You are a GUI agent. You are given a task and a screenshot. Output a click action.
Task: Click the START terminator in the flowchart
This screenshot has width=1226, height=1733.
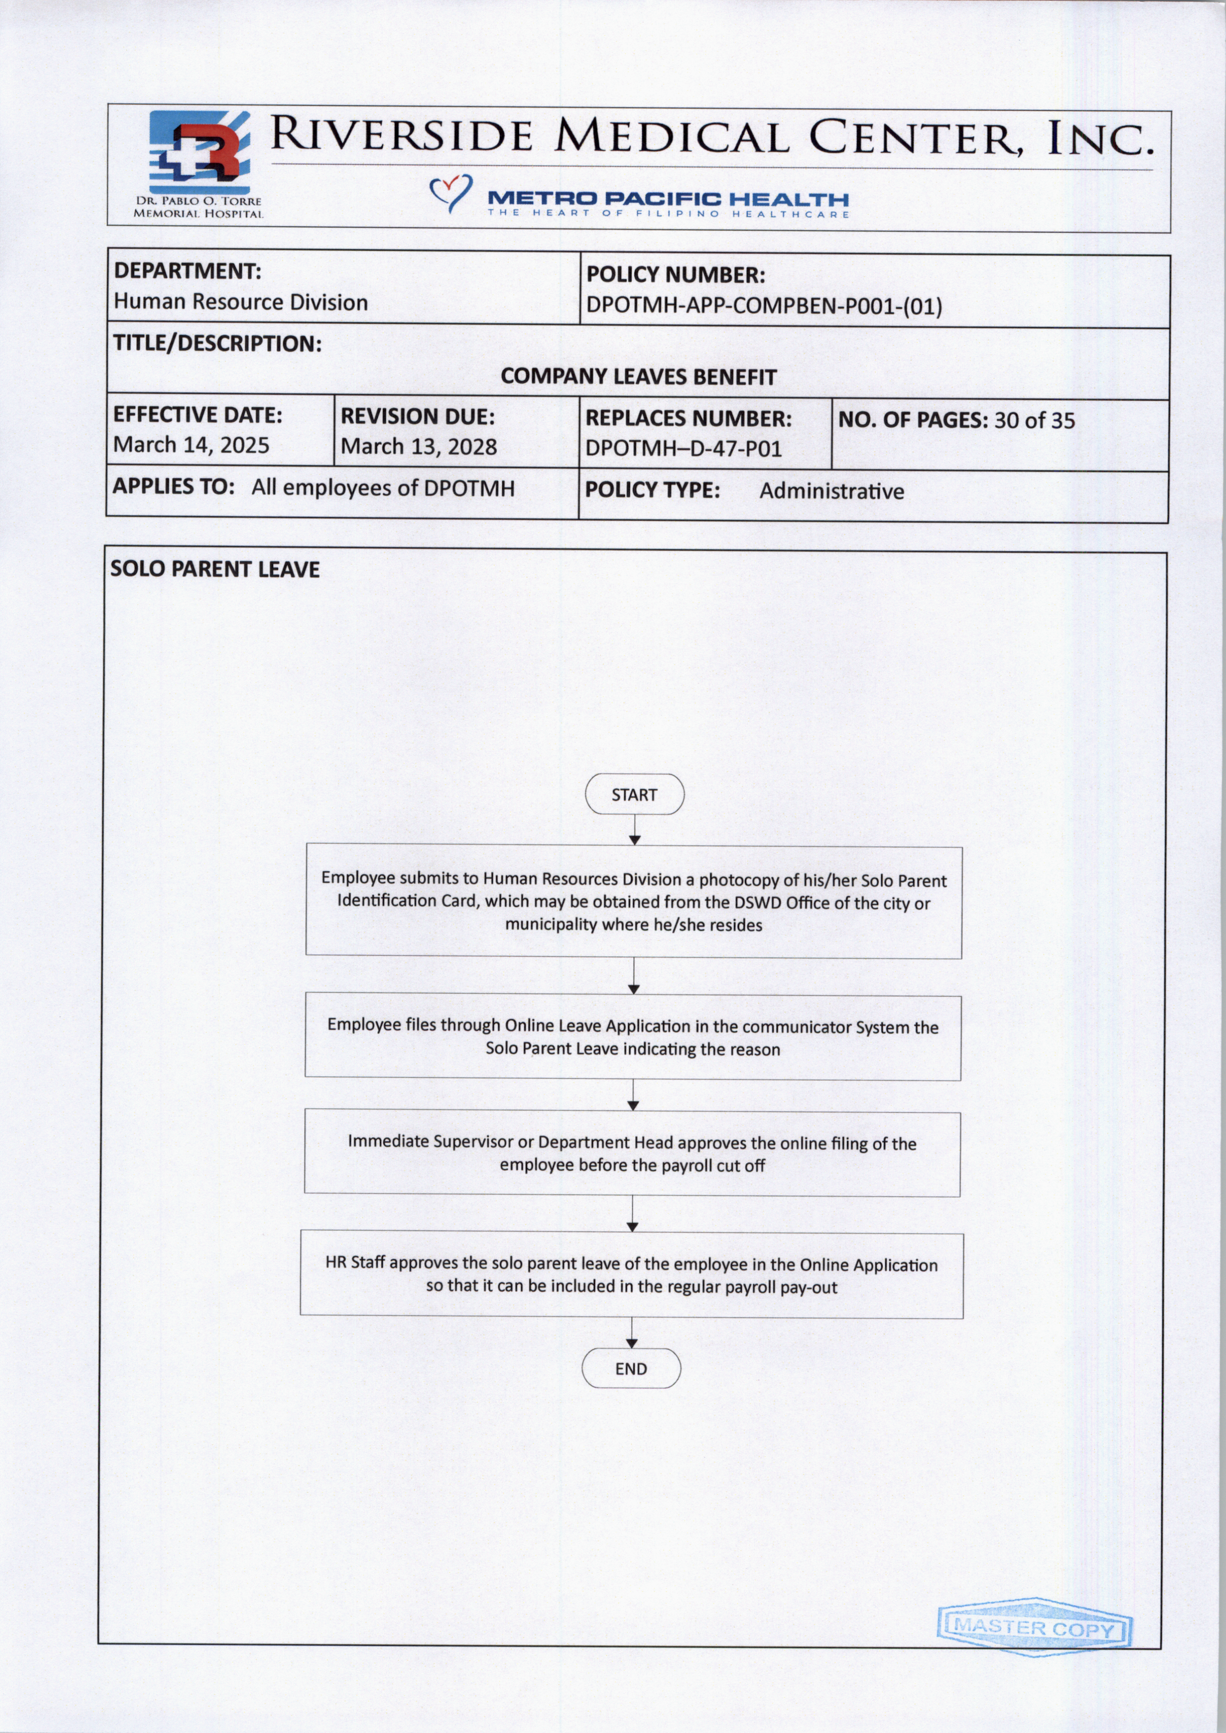634,794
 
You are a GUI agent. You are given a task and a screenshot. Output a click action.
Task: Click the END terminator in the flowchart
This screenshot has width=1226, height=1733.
631,1368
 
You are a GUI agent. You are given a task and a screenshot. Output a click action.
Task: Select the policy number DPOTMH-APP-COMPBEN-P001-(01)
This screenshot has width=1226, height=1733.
763,306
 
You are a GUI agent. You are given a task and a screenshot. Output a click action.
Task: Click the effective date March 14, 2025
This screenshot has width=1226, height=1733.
191,445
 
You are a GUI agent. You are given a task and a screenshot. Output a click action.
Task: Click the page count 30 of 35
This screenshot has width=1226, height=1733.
1034,421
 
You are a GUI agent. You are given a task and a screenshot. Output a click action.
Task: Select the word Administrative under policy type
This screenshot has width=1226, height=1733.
831,491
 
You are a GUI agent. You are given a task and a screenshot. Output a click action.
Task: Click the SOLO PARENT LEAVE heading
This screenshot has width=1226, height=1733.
215,569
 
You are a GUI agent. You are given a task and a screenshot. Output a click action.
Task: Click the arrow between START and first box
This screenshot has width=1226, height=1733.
635,830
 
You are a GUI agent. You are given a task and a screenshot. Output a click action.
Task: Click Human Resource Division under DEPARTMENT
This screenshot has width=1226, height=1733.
240,303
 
